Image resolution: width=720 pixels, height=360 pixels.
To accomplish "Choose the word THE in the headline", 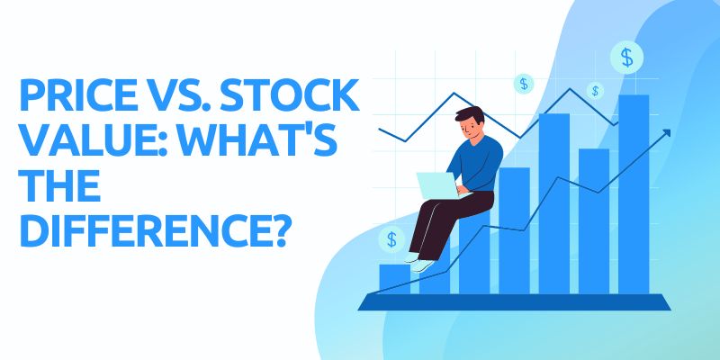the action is pyautogui.click(x=60, y=184).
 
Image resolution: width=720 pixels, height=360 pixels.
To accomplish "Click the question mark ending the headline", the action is pyautogui.click(x=276, y=229).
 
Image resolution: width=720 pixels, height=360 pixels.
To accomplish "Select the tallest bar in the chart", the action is pyautogui.click(x=634, y=194).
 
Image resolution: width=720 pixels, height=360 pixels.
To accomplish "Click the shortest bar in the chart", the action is pyautogui.click(x=394, y=279).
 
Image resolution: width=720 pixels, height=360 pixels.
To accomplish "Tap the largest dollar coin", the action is pyautogui.click(x=626, y=58).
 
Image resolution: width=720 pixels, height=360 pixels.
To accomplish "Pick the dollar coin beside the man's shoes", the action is pyautogui.click(x=391, y=239).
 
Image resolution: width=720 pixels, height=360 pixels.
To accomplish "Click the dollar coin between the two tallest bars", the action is pyautogui.click(x=595, y=91).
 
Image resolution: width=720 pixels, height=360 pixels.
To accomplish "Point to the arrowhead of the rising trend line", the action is pyautogui.click(x=667, y=132).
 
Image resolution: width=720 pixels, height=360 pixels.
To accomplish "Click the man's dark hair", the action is pyautogui.click(x=470, y=115).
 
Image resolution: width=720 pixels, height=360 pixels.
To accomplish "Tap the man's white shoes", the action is pyautogui.click(x=420, y=264).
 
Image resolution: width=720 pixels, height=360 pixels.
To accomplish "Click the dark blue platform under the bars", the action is pyautogui.click(x=514, y=302).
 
